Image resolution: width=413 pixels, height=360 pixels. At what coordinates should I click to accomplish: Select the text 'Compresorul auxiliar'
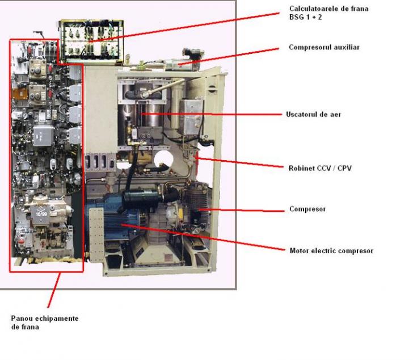pos(323,47)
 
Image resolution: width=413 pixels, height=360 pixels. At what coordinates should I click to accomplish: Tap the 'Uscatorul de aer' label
pos(313,114)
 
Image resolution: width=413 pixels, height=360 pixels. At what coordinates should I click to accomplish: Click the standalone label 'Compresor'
pos(307,209)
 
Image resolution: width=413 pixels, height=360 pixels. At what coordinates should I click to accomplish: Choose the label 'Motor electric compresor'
pos(331,250)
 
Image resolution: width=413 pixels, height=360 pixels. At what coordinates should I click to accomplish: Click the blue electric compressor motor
pos(116,219)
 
